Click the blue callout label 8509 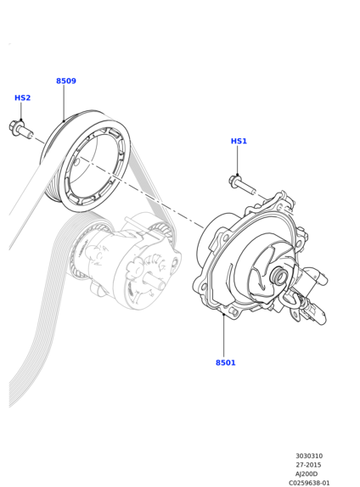pos(66,81)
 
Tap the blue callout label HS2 pos(22,98)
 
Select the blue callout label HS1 pos(239,142)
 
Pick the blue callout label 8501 pos(226,363)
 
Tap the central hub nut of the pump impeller pos(279,275)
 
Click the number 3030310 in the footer pos(309,456)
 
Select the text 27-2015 pos(308,465)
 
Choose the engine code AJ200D pos(307,474)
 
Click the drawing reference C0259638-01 pos(309,483)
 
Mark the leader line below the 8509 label pos(64,104)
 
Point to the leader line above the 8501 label pos(223,336)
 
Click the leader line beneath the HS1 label pos(237,160)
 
